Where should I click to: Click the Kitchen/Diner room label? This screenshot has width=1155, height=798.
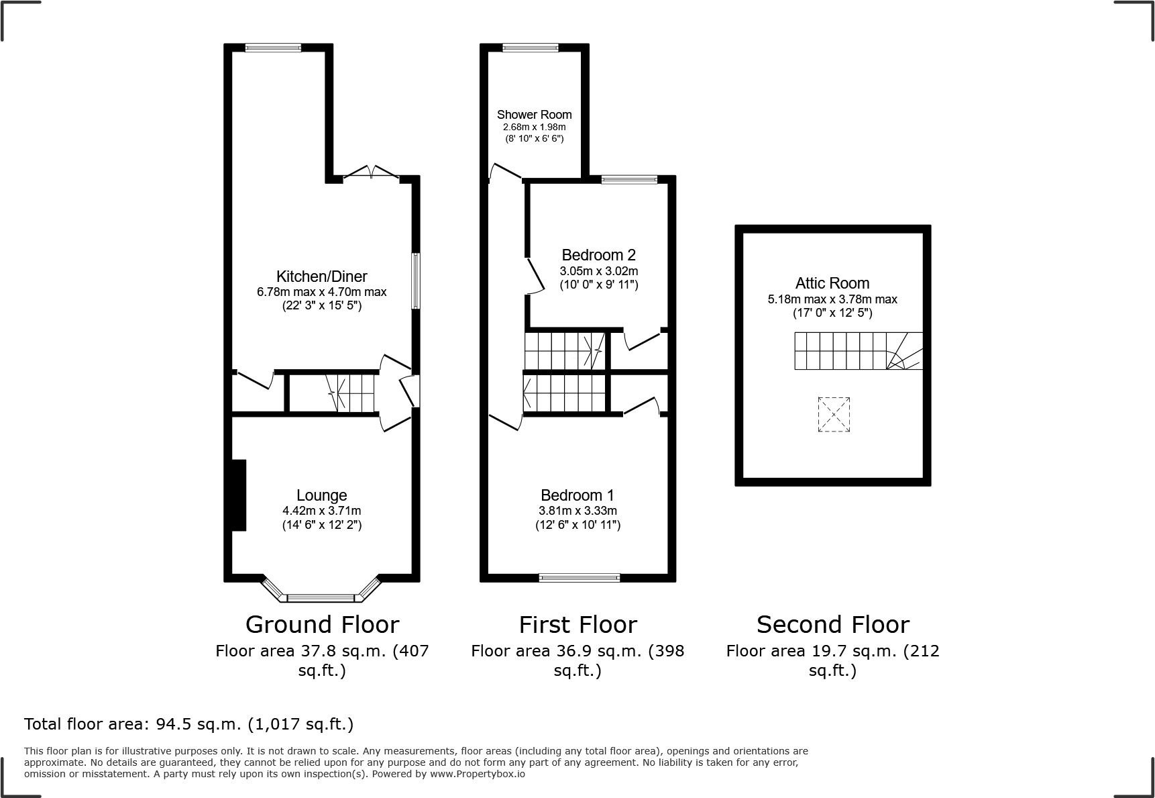(x=321, y=277)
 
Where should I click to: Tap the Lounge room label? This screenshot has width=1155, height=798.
(x=321, y=495)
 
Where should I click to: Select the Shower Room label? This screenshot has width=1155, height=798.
(x=534, y=115)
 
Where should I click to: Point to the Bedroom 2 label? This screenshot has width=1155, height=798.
(x=598, y=255)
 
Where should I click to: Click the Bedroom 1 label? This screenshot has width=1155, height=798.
(x=577, y=495)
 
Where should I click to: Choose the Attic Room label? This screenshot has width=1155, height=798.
(x=832, y=283)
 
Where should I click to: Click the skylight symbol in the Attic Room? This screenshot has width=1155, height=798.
(x=834, y=414)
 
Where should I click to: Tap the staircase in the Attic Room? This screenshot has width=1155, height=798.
(x=858, y=351)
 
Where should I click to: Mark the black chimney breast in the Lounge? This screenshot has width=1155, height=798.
(x=239, y=495)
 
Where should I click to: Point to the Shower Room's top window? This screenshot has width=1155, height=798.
(x=530, y=48)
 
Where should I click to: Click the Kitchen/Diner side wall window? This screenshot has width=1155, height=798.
(x=416, y=281)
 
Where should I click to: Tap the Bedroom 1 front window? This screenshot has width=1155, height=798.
(x=580, y=577)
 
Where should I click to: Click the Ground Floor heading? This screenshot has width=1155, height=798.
(x=322, y=625)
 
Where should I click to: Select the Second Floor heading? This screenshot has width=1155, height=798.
(x=832, y=625)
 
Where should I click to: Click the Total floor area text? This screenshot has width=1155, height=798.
(x=188, y=724)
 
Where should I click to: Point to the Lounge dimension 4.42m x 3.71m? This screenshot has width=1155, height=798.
(x=321, y=511)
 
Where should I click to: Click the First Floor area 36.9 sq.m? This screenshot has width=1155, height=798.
(x=577, y=651)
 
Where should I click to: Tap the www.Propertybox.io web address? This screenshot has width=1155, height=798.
(x=478, y=774)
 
